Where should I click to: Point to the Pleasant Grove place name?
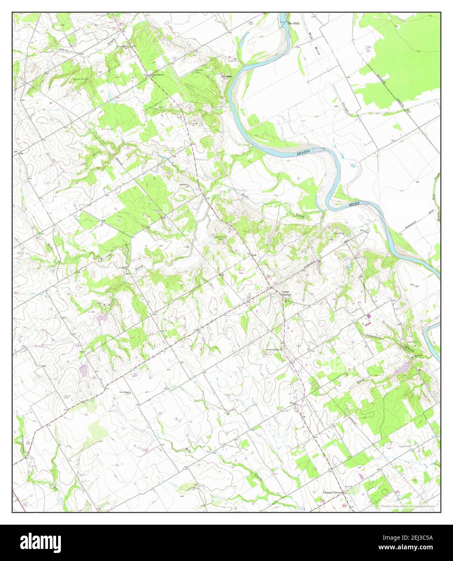332,493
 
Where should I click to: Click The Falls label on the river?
293,23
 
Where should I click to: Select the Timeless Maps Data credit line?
408,506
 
